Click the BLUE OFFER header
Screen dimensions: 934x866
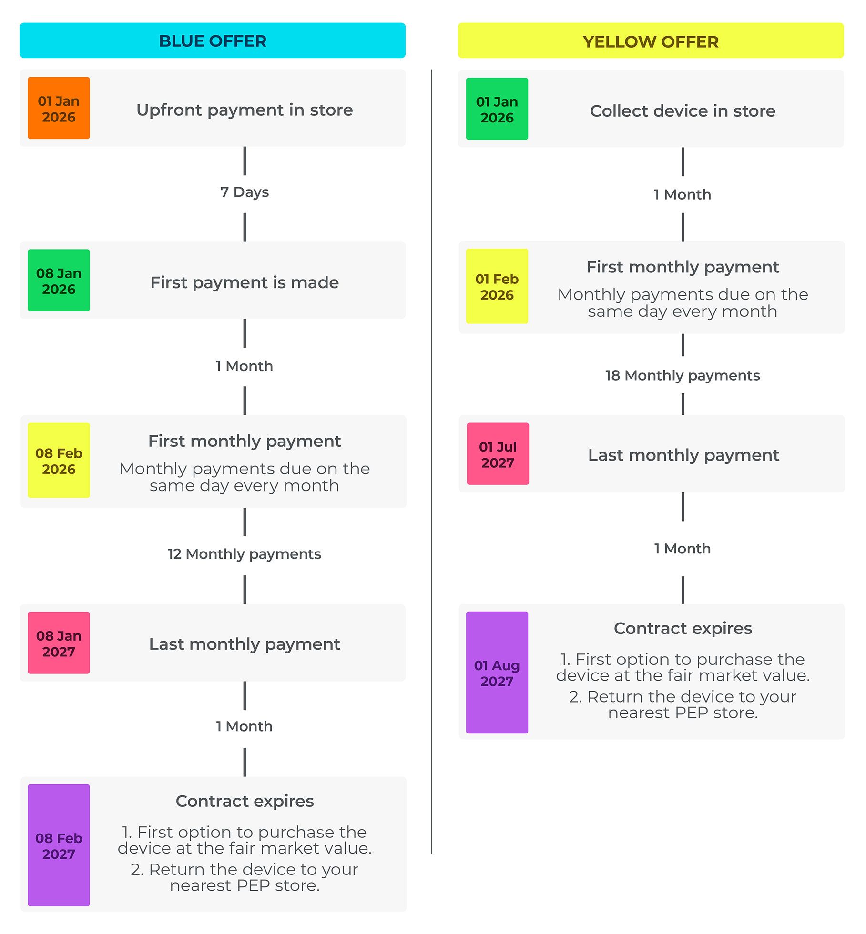[212, 41]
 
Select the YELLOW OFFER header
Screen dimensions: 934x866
[650, 41]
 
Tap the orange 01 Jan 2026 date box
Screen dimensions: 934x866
[59, 109]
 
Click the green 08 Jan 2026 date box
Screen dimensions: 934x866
[59, 281]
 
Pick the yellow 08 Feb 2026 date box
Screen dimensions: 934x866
[59, 461]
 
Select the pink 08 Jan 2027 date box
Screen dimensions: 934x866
[59, 643]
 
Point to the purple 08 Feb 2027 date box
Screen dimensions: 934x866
[59, 845]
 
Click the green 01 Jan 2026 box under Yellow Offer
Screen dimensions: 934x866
[497, 109]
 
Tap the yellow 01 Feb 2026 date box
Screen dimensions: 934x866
[497, 286]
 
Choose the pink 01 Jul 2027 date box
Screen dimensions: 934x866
[498, 454]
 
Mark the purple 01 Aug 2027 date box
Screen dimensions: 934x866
[497, 673]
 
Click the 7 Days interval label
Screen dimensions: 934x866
[245, 192]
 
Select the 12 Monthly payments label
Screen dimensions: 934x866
[245, 554]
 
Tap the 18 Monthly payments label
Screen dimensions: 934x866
[682, 375]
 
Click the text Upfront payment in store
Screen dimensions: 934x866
[245, 110]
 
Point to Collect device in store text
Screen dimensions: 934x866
[682, 111]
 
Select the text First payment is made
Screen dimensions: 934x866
[245, 282]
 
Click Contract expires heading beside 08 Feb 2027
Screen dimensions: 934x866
[245, 801]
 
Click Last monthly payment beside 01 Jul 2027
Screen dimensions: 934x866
[683, 455]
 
